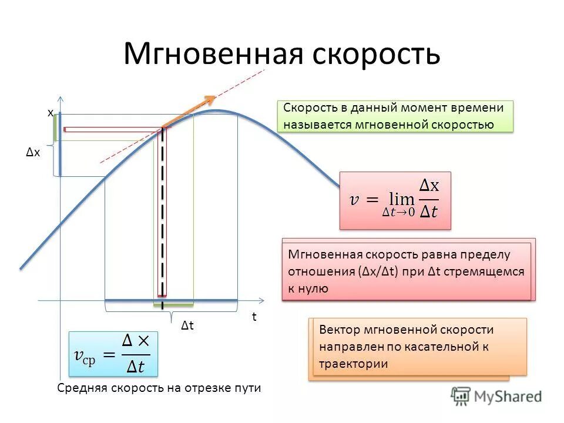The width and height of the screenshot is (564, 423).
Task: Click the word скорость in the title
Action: point(372,53)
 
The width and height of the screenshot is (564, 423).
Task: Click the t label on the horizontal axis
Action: point(254,317)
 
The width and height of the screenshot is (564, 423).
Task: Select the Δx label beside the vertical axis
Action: point(33,153)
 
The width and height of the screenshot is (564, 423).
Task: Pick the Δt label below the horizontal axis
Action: point(187,325)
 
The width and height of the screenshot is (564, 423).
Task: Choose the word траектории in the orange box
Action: point(354,363)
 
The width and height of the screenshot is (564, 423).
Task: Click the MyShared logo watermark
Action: point(496,397)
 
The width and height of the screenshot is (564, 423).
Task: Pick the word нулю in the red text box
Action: point(314,288)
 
